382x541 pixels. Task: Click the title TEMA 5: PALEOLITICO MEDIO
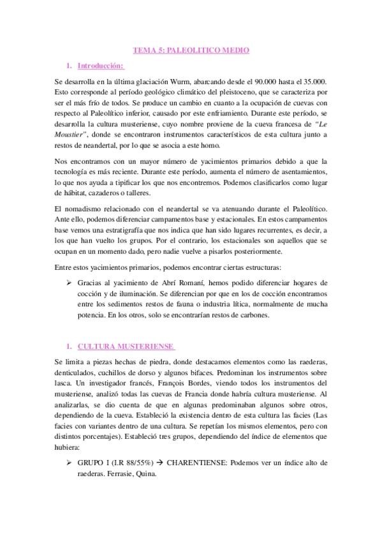click(191, 49)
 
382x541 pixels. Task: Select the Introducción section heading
click(101, 66)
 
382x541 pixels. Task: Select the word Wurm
click(172, 82)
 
